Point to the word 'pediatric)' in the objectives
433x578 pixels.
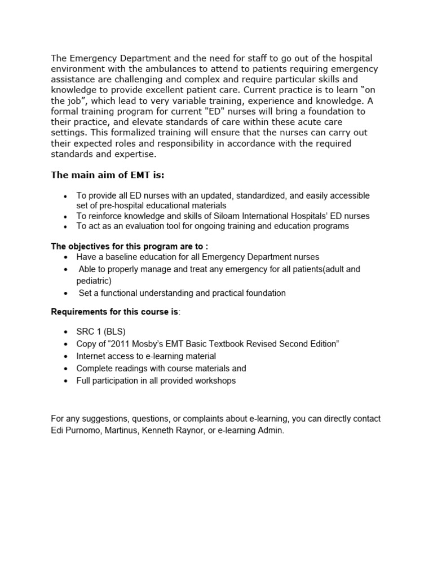94,281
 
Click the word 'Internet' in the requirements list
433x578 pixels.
92,356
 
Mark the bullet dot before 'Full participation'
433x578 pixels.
66,381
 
